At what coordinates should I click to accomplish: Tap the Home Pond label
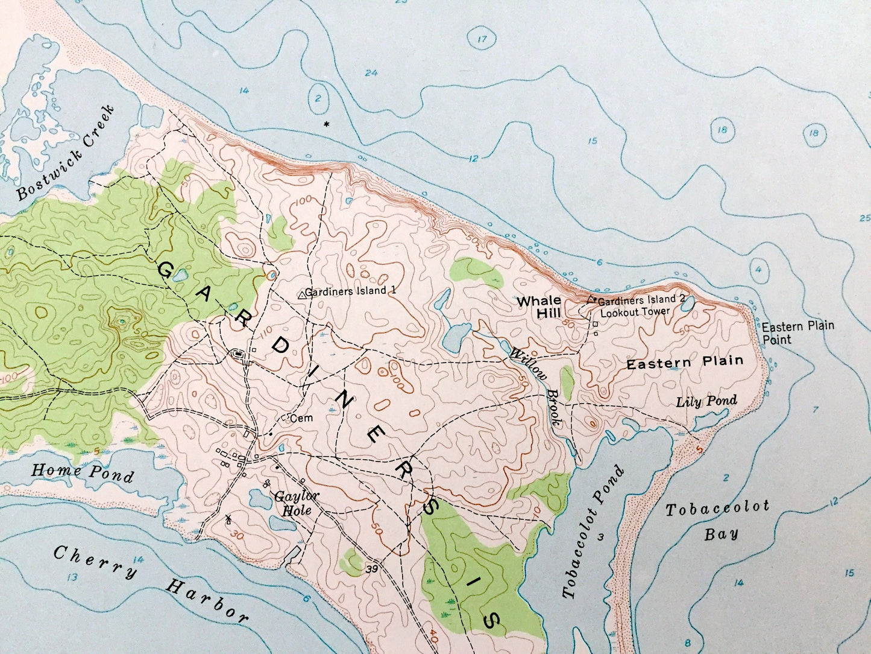point(82,472)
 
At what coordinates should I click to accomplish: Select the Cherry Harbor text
point(150,582)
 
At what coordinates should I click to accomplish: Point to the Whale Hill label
point(539,306)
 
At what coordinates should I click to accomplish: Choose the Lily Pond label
point(706,401)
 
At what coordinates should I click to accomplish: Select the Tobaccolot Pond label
point(594,533)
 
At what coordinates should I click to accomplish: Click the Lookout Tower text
point(635,311)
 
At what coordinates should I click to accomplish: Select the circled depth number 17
point(482,40)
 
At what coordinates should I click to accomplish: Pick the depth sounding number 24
point(371,73)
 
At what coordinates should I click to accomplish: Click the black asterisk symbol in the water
point(327,124)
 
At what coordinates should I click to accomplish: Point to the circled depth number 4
point(759,269)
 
